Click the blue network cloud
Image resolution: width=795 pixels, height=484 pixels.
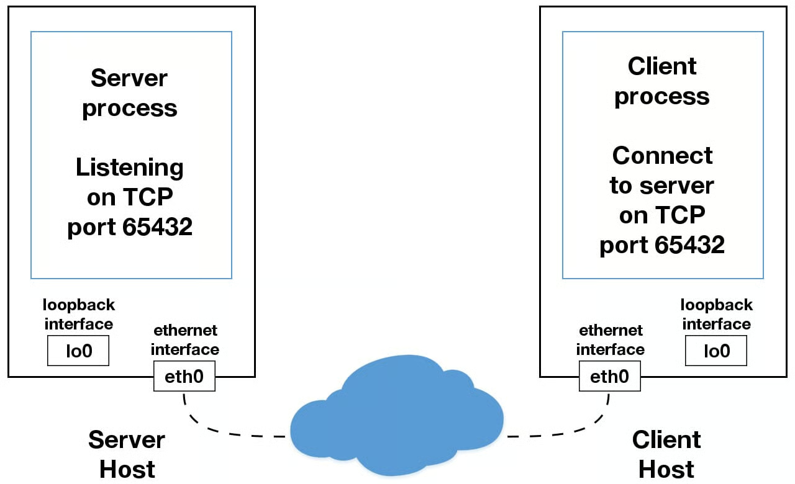pos(397,416)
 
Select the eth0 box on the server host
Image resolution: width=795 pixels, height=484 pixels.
pos(184,376)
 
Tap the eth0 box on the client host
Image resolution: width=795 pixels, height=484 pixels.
pos(609,376)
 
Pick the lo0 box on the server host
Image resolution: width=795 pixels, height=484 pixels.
pos(78,351)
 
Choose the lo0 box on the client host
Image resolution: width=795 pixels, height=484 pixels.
pos(715,351)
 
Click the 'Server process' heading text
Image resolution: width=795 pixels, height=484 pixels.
pos(130,93)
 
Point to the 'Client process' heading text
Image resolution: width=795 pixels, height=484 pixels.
pos(662,81)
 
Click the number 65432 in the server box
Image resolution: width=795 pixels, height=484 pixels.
pos(157,227)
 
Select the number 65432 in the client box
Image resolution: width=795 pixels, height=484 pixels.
pos(689,245)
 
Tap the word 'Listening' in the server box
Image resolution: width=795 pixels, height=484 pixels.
pos(130,168)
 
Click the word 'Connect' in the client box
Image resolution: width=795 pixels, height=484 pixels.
pos(662,155)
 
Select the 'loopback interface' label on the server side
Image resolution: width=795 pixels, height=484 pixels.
pos(79,315)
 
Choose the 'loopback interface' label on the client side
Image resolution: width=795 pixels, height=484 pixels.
pos(716,315)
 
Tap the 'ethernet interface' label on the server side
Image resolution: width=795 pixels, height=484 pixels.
pos(185,340)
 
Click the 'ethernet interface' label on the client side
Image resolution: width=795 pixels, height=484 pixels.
pos(611,340)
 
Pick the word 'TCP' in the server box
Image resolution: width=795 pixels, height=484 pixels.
pos(147,197)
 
